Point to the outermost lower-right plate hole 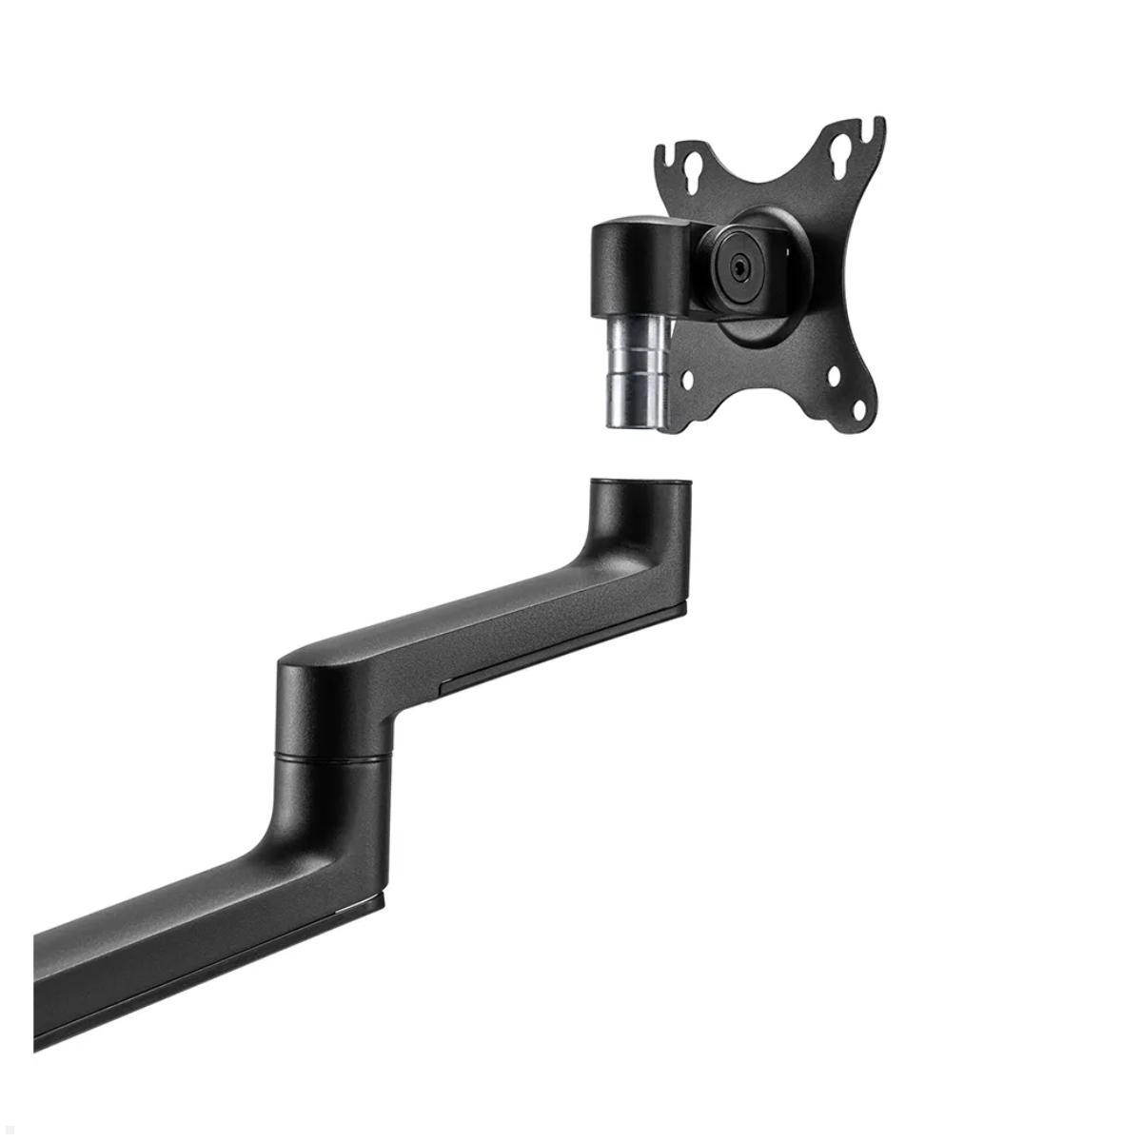click(x=857, y=411)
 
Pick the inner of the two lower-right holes click(x=834, y=377)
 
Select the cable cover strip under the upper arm click(x=561, y=647)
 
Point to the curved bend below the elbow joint click(x=285, y=837)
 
